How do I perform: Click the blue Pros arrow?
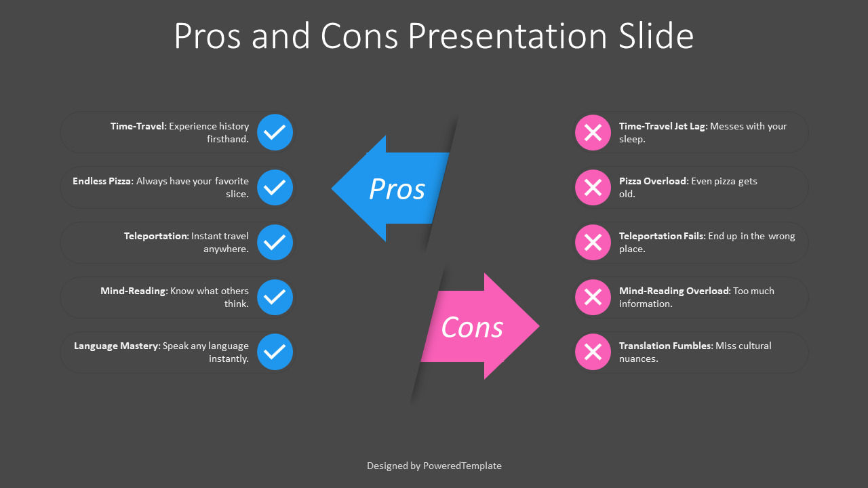tap(393, 189)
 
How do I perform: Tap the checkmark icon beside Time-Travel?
tap(275, 132)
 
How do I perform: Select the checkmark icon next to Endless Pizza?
tap(275, 187)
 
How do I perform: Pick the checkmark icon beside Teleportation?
tap(275, 242)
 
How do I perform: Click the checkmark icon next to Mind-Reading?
tap(275, 297)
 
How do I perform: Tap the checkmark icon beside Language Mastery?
tap(275, 352)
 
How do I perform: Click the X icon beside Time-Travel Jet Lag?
tap(593, 132)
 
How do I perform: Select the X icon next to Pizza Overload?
tap(593, 187)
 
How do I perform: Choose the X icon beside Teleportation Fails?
tap(593, 242)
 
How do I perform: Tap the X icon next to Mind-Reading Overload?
tap(593, 297)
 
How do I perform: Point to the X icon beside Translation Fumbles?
tap(593, 352)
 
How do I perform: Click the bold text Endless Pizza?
tap(103, 181)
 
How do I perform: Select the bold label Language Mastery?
tap(116, 346)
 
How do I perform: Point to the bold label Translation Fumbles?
tap(665, 346)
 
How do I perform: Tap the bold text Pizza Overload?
tap(652, 181)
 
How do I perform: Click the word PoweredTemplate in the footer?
tap(462, 466)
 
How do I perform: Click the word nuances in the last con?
tap(637, 359)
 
